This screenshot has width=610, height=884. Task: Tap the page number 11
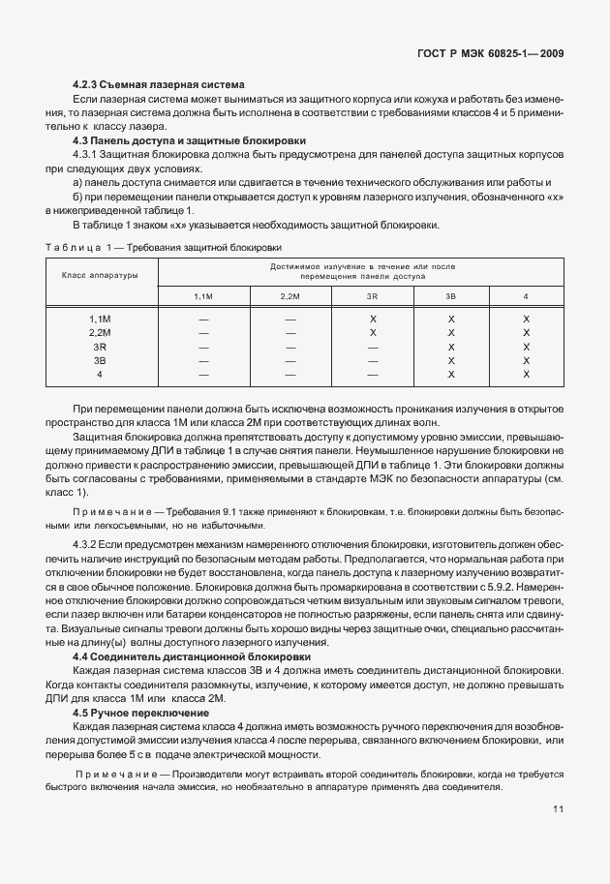click(x=560, y=808)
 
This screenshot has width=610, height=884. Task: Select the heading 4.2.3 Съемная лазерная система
click(x=159, y=86)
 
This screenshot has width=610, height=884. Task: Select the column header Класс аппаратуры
click(x=100, y=275)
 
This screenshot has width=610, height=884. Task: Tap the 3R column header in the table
click(x=373, y=295)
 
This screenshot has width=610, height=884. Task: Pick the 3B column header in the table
click(x=450, y=295)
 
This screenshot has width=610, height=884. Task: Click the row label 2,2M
click(x=100, y=332)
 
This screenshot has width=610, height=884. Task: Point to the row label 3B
click(x=100, y=359)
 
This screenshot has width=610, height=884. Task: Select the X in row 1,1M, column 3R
click(x=373, y=319)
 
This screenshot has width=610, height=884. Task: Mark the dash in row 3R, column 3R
click(x=373, y=346)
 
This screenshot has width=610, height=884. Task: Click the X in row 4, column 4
click(x=527, y=373)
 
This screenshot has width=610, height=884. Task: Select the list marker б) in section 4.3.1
click(x=79, y=196)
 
